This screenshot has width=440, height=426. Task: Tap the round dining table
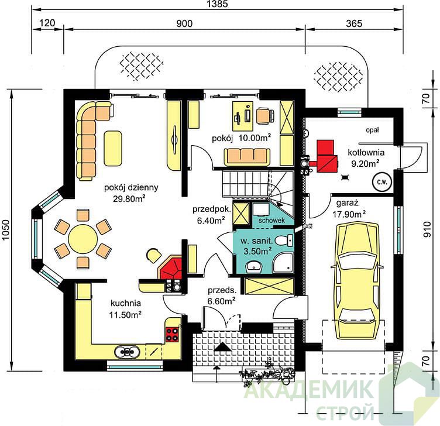82,239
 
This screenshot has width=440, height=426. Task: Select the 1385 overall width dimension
218,4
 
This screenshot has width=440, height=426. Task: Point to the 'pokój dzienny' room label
131,187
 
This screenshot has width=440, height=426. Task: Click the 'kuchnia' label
126,303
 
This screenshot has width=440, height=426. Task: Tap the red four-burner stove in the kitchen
172,334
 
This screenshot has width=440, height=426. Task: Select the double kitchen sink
127,352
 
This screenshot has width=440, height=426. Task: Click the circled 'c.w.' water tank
381,182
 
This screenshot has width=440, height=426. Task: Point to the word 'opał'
372,130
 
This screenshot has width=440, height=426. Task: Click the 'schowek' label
271,220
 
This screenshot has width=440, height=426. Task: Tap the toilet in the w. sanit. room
283,241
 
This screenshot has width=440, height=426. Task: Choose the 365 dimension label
354,23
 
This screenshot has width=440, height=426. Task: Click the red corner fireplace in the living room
170,267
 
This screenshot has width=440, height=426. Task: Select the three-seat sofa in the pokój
247,157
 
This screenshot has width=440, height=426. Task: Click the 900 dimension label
184,23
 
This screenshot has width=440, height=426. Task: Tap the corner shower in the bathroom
283,263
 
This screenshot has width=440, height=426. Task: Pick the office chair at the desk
264,116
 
